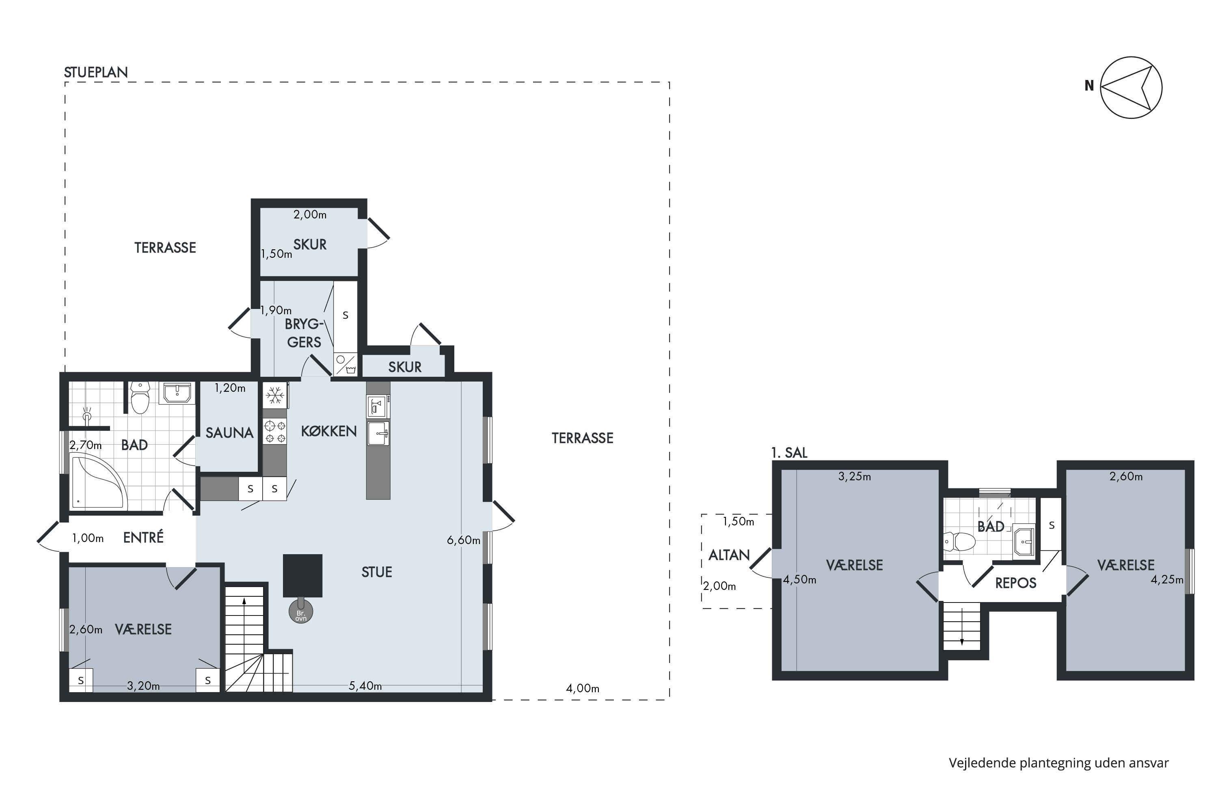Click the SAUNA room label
coord(229,432)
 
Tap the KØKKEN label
coord(329,431)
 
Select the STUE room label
coord(376,572)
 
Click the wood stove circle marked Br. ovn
coord(301,611)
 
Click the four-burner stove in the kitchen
coord(275,432)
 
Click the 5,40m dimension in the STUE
coord(365,686)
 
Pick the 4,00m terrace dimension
coord(583,689)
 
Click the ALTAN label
coord(729,555)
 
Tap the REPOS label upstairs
coord(1015,583)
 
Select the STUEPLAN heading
coord(96,72)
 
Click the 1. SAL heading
coord(789,453)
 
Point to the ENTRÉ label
coord(143,537)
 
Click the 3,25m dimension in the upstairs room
coord(855,476)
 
